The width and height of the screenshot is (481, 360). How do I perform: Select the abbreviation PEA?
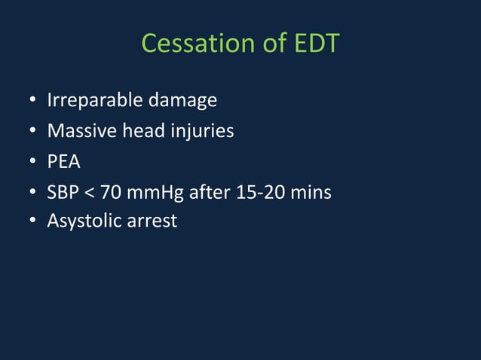(63, 162)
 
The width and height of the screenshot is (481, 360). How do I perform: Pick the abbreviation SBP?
(63, 193)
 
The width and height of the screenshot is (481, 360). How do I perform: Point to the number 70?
(111, 193)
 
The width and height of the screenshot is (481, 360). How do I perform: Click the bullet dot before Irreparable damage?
(33, 101)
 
